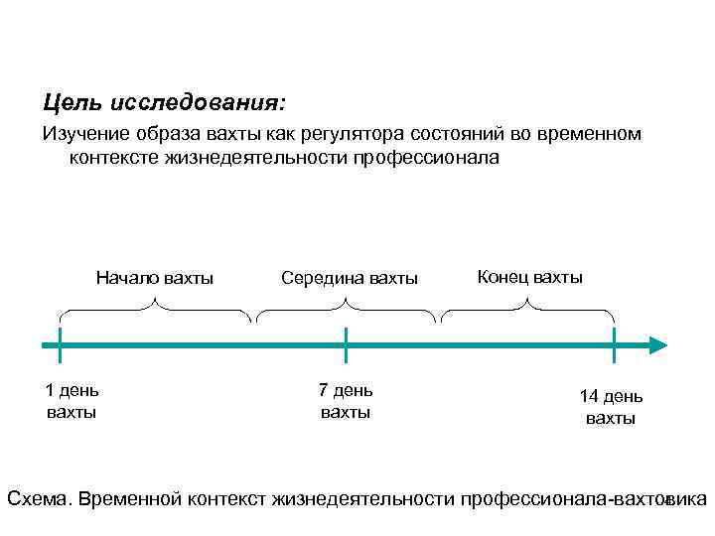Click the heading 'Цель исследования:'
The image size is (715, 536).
pyautogui.click(x=164, y=102)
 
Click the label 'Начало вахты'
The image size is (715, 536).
pyautogui.click(x=155, y=277)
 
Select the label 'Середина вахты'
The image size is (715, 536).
pyautogui.click(x=350, y=278)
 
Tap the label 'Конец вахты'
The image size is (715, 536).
pyautogui.click(x=530, y=276)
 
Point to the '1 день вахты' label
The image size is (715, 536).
pyautogui.click(x=71, y=400)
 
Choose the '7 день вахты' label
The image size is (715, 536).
pyautogui.click(x=346, y=400)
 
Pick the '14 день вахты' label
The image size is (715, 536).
pyautogui.click(x=611, y=407)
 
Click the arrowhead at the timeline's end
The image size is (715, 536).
pyautogui.click(x=656, y=345)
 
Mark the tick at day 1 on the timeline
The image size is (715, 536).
pyautogui.click(x=60, y=345)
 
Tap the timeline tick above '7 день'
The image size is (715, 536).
pyautogui.click(x=346, y=345)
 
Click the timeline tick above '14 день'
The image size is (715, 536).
pyautogui.click(x=614, y=345)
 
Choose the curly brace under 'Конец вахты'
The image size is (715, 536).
pyautogui.click(x=528, y=311)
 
